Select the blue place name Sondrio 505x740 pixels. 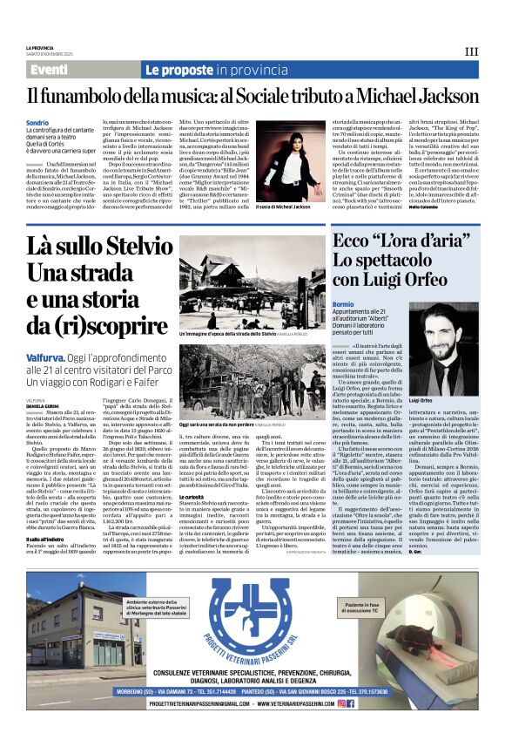(x=37, y=123)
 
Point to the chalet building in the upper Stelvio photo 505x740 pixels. (x=219, y=270)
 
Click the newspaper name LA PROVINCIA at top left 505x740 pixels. (x=40, y=47)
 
